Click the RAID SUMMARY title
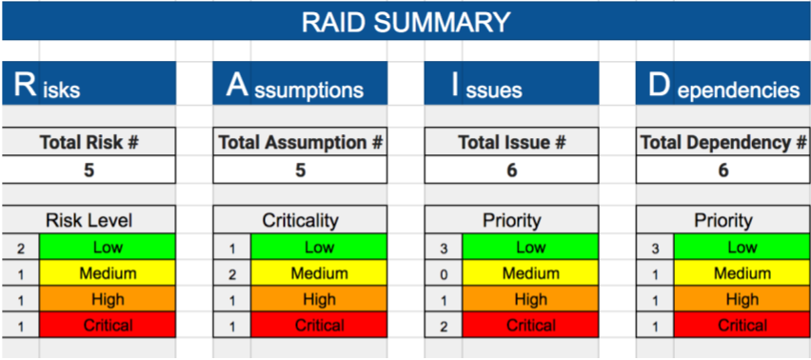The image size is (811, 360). tap(405, 22)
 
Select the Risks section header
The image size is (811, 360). tap(89, 83)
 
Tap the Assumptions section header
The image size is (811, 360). tap(300, 83)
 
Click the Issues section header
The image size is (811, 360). tap(511, 83)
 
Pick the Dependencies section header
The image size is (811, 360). tap(723, 83)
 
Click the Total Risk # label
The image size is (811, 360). tap(89, 142)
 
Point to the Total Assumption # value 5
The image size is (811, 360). tap(300, 170)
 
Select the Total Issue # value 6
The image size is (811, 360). tap(511, 170)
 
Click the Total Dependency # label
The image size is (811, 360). tap(723, 142)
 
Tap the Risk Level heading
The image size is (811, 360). tap(89, 220)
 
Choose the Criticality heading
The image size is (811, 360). tap(300, 220)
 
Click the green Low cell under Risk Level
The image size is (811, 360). tap(108, 248)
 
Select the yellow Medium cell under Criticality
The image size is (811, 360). tap(319, 273)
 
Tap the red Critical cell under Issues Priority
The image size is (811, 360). tap(530, 325)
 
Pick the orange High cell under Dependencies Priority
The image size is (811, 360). tap(742, 299)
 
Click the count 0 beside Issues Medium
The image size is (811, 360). tap(444, 274)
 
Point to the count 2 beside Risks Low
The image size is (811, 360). tap(21, 249)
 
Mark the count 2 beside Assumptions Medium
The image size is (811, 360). tap(232, 274)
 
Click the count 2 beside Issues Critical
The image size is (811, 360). tap(444, 326)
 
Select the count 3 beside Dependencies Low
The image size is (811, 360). tap(655, 249)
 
